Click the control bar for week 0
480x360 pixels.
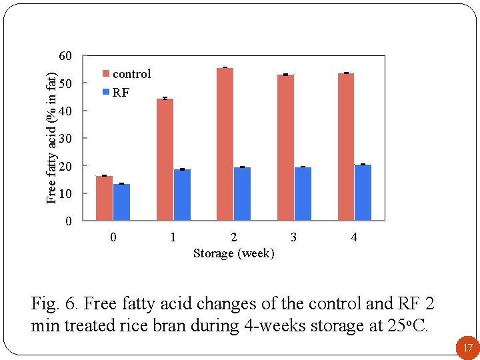104,198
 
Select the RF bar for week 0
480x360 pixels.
121,202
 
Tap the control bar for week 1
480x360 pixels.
165,159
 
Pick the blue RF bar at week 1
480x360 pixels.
182,195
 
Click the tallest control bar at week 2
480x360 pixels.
225,144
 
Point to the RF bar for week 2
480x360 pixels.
243,193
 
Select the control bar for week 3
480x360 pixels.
285,147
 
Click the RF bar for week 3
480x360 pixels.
303,193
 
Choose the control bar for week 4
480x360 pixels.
346,147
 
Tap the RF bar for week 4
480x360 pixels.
363,192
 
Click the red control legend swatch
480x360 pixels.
105,74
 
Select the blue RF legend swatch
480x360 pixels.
105,92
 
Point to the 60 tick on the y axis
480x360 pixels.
64,55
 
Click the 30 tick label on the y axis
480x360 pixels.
64,138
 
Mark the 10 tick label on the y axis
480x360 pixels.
64,193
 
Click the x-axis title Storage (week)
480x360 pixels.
233,253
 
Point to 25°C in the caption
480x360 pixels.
408,326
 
